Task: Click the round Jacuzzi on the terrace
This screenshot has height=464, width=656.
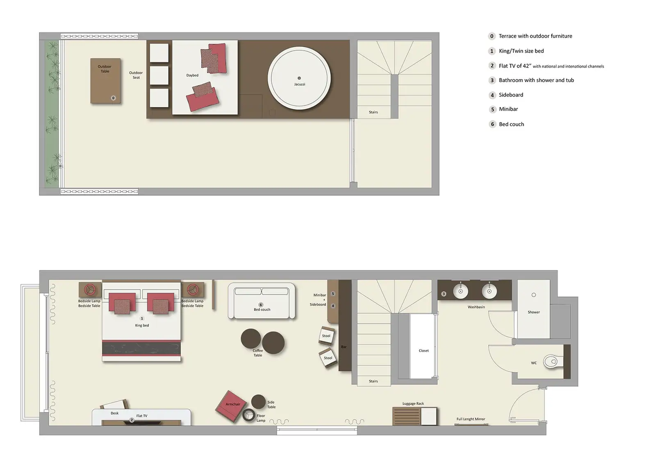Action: click(299, 78)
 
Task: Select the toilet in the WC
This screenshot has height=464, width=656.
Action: click(552, 361)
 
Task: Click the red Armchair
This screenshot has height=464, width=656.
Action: click(231, 406)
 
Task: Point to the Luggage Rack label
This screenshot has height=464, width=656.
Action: click(413, 404)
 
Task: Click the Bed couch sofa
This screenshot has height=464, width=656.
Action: click(262, 301)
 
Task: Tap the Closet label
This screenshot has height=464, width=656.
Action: click(424, 351)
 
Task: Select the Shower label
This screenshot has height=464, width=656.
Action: click(533, 312)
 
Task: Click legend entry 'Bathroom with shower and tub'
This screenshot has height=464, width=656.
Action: click(536, 80)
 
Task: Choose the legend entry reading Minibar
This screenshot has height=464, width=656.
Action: click(508, 109)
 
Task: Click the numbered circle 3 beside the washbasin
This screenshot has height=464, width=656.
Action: click(444, 294)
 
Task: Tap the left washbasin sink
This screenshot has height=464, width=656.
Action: click(460, 291)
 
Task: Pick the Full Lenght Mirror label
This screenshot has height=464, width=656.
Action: click(471, 419)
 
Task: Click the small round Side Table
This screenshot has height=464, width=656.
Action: click(258, 401)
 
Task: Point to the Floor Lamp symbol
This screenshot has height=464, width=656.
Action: click(248, 416)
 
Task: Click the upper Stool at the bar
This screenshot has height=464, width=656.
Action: click(326, 335)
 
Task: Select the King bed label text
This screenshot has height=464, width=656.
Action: click(142, 325)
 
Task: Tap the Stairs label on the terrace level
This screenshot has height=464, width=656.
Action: click(373, 112)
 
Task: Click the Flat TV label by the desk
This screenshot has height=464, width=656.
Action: click(142, 416)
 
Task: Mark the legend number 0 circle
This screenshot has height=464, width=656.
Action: click(492, 36)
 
